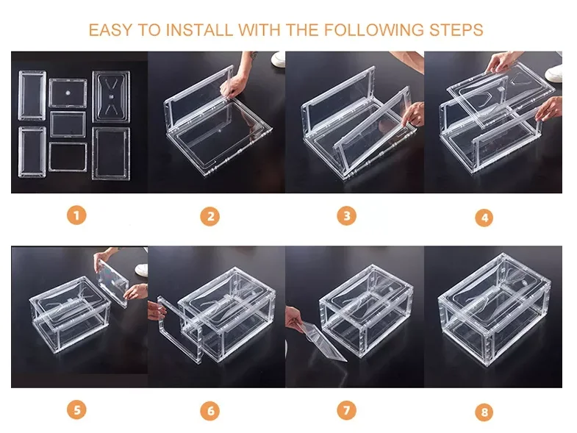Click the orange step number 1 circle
[76, 215]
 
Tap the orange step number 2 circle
[209, 216]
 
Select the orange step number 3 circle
[347, 215]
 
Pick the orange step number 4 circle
[484, 218]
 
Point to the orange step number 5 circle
[76, 409]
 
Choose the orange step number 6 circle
[209, 410]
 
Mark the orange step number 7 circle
[347, 409]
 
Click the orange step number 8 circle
[484, 411]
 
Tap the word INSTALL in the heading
[199, 30]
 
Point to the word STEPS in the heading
[456, 30]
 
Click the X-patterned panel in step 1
[111, 97]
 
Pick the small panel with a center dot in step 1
[68, 93]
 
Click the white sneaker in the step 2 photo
[278, 59]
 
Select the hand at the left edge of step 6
[156, 310]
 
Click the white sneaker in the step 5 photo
[142, 269]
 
